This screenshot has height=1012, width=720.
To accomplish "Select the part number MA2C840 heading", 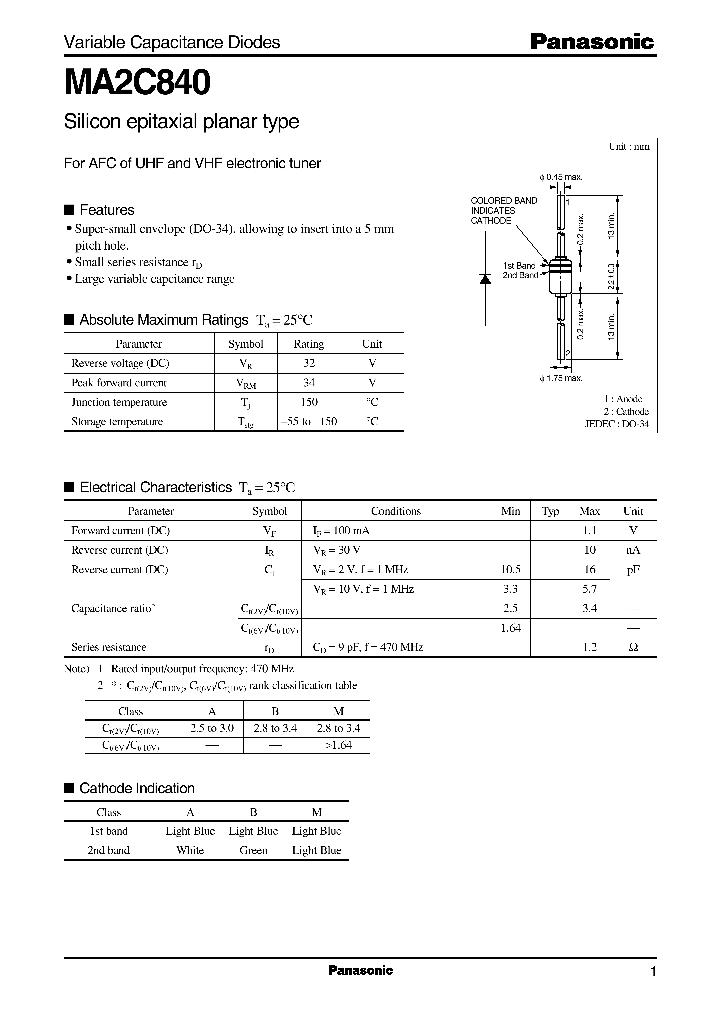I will [137, 81].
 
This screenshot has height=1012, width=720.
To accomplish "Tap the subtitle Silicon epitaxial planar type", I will [181, 122].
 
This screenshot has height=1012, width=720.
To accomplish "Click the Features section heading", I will [106, 210].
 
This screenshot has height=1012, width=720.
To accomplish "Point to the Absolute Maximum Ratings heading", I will [163, 320].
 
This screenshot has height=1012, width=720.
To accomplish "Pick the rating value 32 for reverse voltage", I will [308, 363].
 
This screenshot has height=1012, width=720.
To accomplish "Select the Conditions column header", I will [395, 511].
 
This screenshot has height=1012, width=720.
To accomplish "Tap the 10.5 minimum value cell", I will [509, 569].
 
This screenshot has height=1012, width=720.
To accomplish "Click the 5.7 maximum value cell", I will [589, 589].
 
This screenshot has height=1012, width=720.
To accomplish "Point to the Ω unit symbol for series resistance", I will [632, 647].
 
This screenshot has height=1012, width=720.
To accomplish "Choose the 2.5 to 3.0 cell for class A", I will [211, 728].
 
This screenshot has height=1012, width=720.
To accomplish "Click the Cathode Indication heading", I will [136, 788].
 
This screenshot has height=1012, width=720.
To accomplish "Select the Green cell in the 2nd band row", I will [253, 850].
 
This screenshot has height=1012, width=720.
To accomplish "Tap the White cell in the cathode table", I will [189, 850].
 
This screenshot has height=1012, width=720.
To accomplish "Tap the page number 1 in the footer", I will [652, 971].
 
